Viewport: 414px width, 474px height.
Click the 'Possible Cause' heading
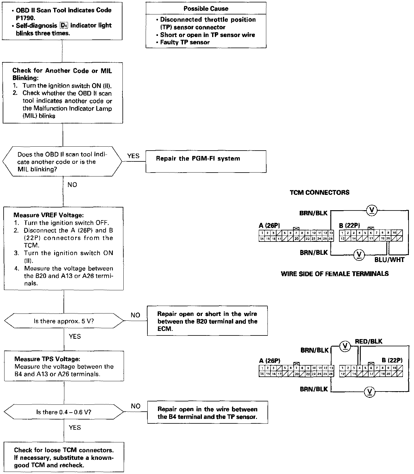(206, 9)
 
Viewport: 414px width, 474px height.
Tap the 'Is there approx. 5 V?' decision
(64, 321)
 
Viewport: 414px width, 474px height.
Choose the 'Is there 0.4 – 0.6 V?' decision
(64, 412)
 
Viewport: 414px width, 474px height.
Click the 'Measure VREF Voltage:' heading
(48, 215)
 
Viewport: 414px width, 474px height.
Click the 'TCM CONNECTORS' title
(320, 192)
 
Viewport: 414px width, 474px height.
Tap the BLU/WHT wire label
(389, 260)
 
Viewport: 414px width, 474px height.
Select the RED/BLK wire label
(369, 341)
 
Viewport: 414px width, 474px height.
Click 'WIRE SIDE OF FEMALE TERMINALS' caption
(335, 274)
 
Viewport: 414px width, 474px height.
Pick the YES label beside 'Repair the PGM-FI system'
(133, 156)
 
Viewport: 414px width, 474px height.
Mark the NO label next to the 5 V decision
(135, 315)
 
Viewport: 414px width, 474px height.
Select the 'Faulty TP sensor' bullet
(184, 42)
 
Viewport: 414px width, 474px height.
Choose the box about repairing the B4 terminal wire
(207, 413)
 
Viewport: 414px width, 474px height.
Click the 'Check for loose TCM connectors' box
(64, 457)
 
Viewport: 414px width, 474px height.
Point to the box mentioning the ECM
(207, 321)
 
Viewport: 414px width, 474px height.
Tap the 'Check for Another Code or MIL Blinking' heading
(62, 74)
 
